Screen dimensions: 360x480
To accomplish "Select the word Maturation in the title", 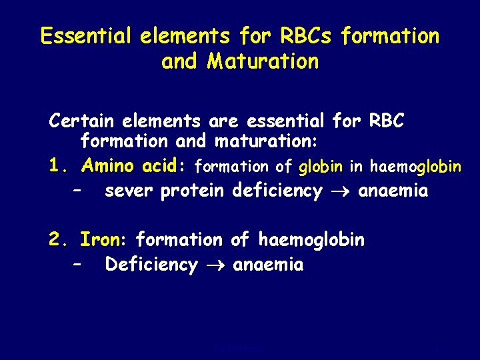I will (263, 61).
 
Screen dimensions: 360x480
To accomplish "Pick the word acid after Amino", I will (165, 165).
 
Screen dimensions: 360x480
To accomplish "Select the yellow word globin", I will (321, 166).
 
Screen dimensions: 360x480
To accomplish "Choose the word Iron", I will (104, 239).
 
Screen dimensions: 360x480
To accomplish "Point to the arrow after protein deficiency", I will (340, 192).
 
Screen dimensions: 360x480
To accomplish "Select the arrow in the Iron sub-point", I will (215, 265).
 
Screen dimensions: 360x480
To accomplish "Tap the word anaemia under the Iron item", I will (268, 265).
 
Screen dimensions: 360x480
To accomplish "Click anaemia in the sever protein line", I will (393, 191).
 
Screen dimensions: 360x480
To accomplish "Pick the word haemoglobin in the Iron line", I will (311, 239).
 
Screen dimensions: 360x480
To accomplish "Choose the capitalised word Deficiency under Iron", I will (151, 265).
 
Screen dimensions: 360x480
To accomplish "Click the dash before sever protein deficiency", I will (78, 191).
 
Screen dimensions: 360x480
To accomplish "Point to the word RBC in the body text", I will (386, 121).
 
